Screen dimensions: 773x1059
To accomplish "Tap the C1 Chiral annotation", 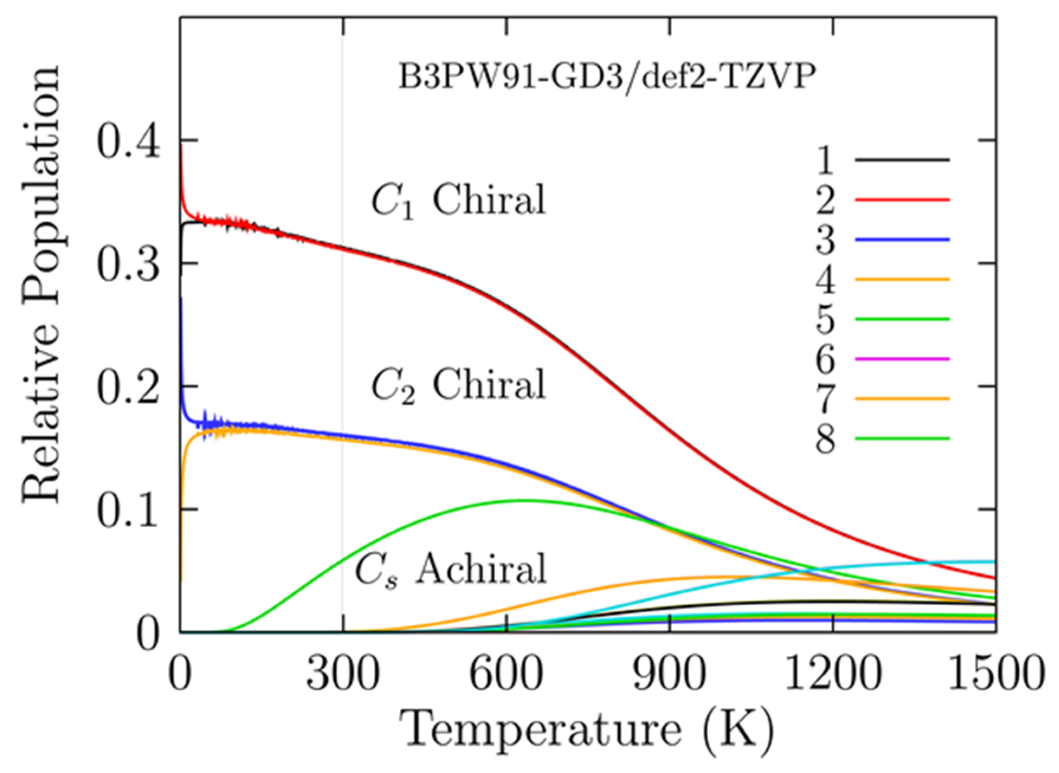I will tap(458, 200).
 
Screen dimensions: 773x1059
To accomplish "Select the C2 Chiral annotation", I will tap(458, 385).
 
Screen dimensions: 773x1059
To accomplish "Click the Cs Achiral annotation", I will tap(451, 569).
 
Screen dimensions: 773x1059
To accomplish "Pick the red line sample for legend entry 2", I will tap(902, 200).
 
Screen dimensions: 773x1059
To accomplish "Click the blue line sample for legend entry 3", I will tap(902, 240).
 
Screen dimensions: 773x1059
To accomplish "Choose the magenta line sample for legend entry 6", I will tap(902, 359).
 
